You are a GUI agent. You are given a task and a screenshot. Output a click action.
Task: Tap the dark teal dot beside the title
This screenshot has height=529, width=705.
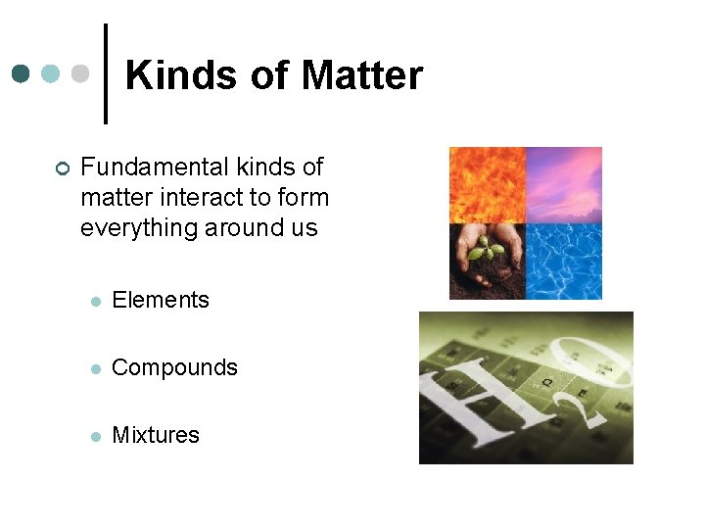(x=21, y=74)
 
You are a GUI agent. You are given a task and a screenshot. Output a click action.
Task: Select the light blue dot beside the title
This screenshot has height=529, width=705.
(x=50, y=74)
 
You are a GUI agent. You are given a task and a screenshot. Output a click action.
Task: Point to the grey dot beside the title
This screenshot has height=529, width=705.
(x=80, y=74)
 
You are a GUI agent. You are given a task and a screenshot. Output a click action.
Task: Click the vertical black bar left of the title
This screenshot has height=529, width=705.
(x=106, y=73)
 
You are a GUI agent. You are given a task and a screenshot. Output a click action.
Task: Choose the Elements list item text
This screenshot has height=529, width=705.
(x=161, y=301)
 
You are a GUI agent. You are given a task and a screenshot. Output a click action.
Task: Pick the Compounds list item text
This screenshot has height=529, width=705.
(x=174, y=368)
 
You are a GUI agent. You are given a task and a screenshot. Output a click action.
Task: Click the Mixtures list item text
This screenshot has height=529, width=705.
(x=156, y=435)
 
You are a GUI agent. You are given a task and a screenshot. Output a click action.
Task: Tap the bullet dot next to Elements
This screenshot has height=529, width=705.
(x=95, y=302)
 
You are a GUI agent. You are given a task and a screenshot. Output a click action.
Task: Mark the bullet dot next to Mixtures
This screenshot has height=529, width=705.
(x=95, y=436)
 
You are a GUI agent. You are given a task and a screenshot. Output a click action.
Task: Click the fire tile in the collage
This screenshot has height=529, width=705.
(x=487, y=185)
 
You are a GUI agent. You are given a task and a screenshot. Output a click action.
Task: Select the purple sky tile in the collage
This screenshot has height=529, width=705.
(x=564, y=185)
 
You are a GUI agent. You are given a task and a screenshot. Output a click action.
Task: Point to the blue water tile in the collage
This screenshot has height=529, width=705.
(x=564, y=262)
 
